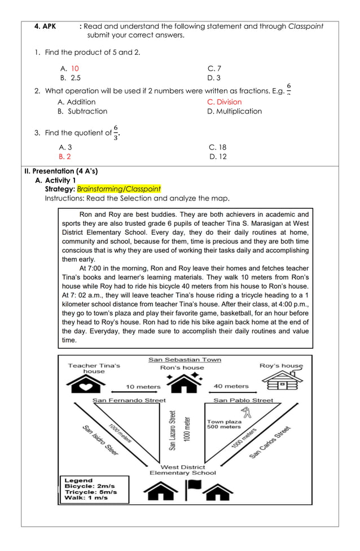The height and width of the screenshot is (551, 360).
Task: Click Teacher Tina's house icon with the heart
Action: tap(85, 386)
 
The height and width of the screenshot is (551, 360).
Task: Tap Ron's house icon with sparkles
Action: tap(182, 383)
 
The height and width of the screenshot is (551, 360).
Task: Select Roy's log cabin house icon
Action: tap(282, 381)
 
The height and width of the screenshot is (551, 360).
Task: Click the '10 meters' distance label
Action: tap(143, 387)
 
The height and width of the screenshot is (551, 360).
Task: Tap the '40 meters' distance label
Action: tap(231, 387)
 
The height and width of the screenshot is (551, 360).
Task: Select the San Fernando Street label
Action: tap(129, 400)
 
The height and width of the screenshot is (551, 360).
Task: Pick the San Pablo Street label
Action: tap(243, 400)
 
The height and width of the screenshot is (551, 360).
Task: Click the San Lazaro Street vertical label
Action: tap(173, 430)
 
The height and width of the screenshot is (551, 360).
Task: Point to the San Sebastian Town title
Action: tap(185, 360)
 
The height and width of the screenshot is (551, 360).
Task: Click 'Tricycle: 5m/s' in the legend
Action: tap(91, 492)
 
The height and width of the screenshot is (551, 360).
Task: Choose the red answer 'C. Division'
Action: tap(224, 102)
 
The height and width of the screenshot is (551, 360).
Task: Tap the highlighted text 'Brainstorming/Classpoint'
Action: tap(118, 189)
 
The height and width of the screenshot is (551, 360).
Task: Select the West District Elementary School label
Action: tap(182, 470)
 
